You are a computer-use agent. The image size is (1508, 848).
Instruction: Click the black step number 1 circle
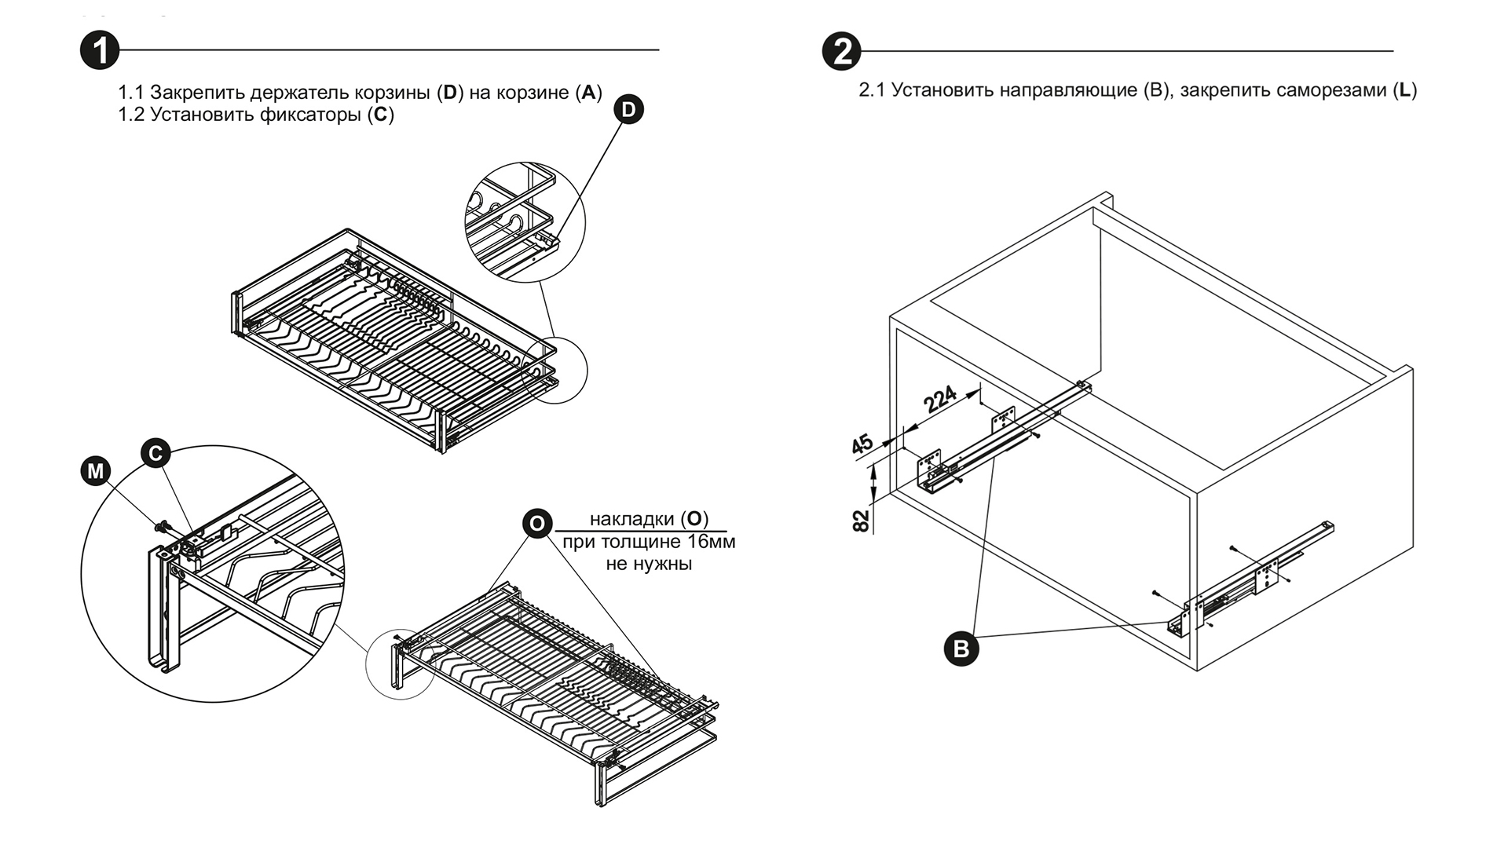[100, 51]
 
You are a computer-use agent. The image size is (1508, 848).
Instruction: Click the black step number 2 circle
[841, 52]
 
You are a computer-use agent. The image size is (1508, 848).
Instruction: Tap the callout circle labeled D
[628, 109]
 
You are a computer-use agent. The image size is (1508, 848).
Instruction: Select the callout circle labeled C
[156, 453]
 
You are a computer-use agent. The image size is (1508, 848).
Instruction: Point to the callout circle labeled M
[96, 471]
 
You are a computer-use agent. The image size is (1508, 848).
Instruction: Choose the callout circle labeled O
[537, 524]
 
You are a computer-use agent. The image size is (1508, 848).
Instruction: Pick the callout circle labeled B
[961, 649]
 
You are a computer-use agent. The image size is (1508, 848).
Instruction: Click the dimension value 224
[940, 399]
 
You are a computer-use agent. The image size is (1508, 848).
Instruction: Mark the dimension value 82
[862, 521]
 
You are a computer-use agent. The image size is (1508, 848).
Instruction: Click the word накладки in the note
[631, 519]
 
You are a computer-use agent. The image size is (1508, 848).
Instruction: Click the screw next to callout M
[163, 525]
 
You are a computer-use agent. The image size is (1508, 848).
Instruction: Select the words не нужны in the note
[649, 564]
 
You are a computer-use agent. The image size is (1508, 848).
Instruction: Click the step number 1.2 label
[131, 115]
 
